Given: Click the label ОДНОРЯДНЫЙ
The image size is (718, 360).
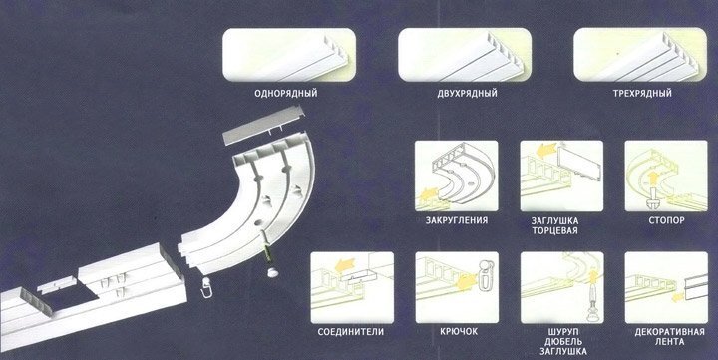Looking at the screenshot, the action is pos(286,94).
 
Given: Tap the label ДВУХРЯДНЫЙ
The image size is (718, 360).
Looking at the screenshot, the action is pos(467,94).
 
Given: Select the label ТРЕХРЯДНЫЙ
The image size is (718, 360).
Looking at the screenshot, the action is pos(642,94).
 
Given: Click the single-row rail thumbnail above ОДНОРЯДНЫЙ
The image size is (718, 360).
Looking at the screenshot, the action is pos(289,55).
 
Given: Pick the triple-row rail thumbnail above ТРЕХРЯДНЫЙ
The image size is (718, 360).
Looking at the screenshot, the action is pos(640,55).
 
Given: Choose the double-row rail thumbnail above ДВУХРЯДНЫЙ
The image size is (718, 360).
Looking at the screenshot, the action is pos(465,55).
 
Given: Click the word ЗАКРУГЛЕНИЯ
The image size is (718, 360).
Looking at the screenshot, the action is pos(457,220).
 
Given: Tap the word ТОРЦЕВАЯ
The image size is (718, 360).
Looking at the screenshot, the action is pos(554,230).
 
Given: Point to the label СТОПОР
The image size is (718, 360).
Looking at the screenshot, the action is pos(666,220).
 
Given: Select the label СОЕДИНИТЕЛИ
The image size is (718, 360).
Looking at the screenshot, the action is pos(351,332).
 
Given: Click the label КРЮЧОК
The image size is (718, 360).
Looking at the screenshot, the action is pos(459,332).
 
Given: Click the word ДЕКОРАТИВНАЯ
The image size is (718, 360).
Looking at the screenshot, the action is pos(669,332).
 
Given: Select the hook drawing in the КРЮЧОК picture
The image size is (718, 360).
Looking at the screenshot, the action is pos(485,275).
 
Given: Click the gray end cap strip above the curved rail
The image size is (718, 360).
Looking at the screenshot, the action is pos(263,125).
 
